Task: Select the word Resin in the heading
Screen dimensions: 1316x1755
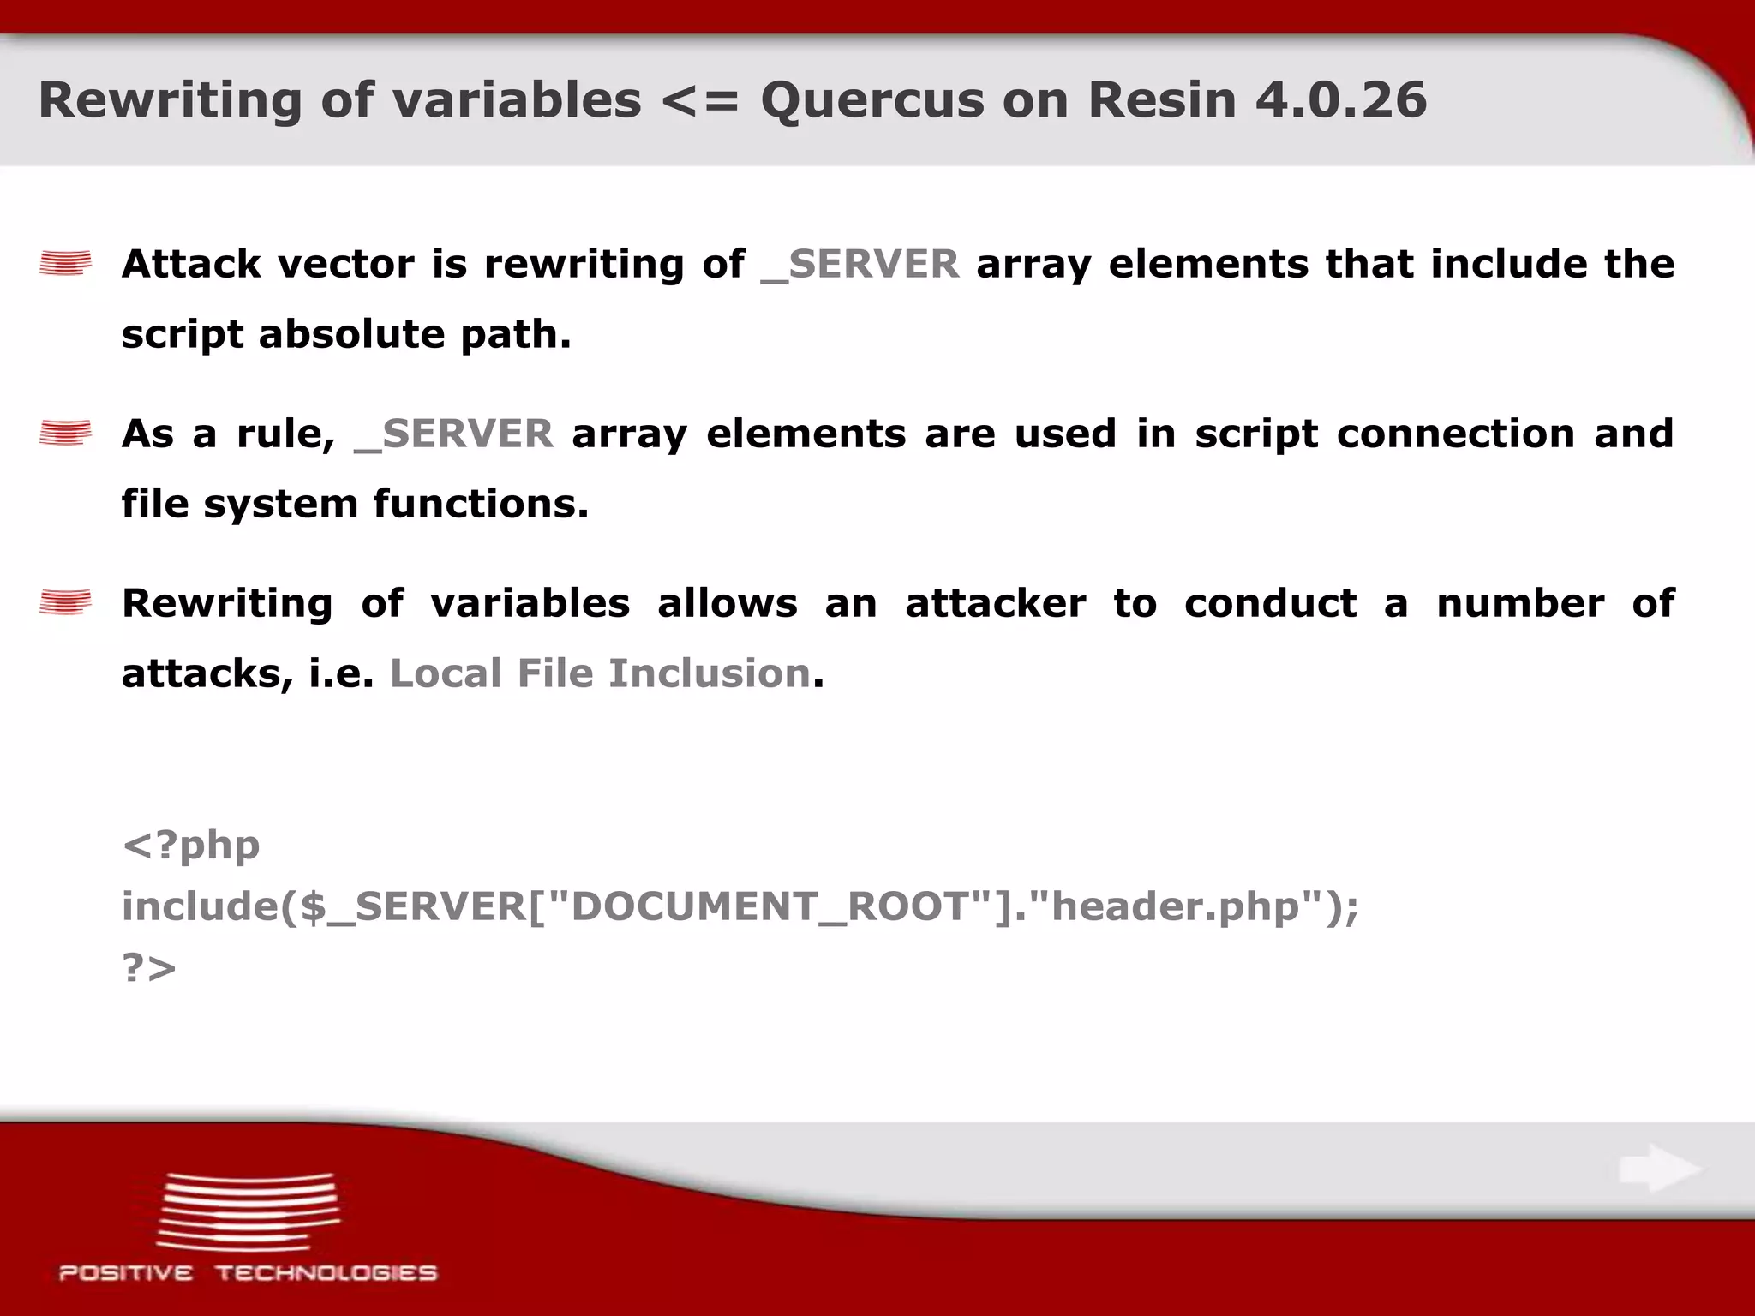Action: click(x=1162, y=99)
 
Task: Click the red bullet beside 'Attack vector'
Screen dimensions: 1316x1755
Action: click(x=65, y=263)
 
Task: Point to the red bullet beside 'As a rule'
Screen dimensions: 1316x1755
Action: click(x=65, y=433)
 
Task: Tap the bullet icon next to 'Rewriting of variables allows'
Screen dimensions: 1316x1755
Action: click(x=65, y=602)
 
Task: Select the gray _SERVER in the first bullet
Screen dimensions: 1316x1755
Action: click(x=860, y=264)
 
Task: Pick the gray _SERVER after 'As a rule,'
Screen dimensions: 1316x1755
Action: click(x=453, y=434)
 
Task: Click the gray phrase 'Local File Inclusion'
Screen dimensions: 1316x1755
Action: click(x=600, y=673)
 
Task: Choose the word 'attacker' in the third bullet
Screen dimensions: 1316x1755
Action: click(x=996, y=603)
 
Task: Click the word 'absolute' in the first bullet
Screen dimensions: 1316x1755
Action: click(x=351, y=333)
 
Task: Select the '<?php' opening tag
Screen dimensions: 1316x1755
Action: click(x=191, y=846)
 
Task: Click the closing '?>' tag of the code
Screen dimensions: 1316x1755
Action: click(x=149, y=968)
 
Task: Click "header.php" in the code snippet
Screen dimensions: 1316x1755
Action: click(x=1175, y=906)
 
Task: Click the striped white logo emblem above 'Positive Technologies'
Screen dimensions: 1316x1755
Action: click(x=248, y=1210)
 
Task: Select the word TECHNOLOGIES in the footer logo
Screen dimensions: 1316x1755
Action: click(x=326, y=1273)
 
